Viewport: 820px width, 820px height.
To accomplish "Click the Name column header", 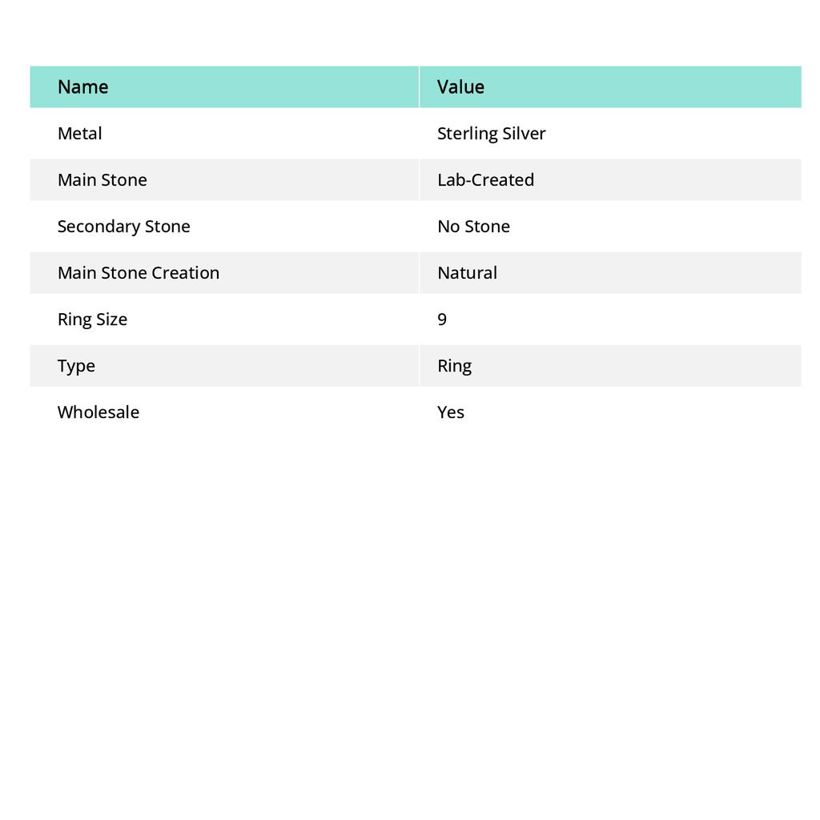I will (82, 86).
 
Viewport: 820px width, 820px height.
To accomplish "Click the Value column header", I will (460, 86).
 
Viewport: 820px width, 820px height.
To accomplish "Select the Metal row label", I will (79, 133).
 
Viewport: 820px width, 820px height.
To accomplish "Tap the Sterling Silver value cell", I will (491, 133).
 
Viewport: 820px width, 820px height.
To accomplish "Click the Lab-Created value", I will (485, 179).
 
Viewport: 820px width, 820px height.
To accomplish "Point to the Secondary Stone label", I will (123, 226).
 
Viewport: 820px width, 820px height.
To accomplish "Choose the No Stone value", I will (473, 226).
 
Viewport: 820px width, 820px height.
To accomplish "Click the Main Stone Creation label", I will (138, 272).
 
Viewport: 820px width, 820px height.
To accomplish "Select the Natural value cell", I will (467, 272).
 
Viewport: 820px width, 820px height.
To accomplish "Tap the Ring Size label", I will (92, 319).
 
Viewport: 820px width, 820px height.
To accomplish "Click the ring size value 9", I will (442, 319).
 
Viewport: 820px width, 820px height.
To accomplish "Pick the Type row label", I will (76, 365).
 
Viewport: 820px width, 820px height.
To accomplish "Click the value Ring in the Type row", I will (454, 365).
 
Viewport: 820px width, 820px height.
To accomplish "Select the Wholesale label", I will (98, 412).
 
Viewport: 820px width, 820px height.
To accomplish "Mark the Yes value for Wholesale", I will (451, 412).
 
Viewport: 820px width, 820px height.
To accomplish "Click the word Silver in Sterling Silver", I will (525, 133).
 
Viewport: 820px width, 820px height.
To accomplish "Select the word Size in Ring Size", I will (111, 319).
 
